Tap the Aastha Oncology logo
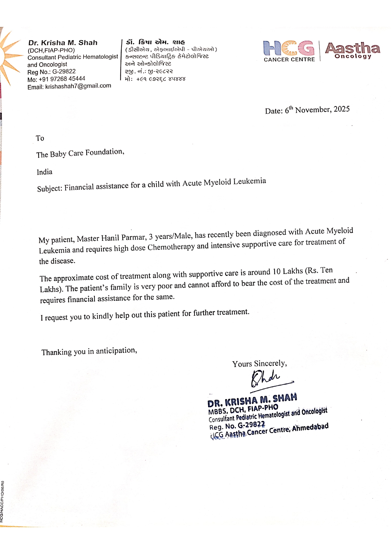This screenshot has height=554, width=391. [x=353, y=51]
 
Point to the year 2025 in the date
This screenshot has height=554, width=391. [x=341, y=109]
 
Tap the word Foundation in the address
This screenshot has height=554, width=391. [x=104, y=152]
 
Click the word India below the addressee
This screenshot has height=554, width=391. [x=44, y=172]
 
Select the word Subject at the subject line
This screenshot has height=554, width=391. [x=50, y=189]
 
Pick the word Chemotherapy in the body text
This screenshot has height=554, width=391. [x=171, y=247]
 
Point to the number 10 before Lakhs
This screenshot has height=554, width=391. [x=277, y=272]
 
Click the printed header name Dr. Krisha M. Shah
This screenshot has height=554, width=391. [x=63, y=43]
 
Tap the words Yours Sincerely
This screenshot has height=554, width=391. [x=260, y=364]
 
